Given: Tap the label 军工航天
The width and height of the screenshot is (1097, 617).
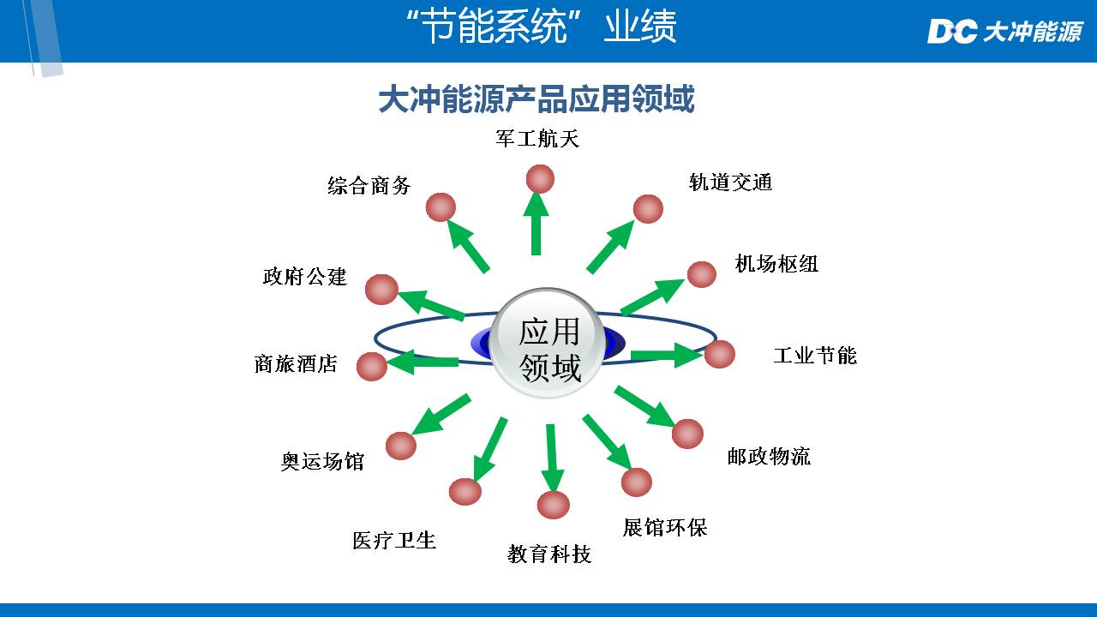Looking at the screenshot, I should pyautogui.click(x=537, y=139).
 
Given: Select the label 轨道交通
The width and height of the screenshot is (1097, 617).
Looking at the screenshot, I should pyautogui.click(x=730, y=182).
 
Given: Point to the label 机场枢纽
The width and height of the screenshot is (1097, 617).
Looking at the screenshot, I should pyautogui.click(x=776, y=264).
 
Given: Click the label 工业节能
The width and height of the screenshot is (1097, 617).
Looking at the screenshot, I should pyautogui.click(x=814, y=355).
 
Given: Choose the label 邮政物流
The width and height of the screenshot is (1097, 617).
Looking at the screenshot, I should pyautogui.click(x=769, y=456).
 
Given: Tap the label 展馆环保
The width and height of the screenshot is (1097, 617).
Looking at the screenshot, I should pyautogui.click(x=665, y=527).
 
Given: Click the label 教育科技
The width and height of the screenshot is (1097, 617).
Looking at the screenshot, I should pyautogui.click(x=549, y=554).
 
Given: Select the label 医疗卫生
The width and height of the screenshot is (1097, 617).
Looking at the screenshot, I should pyautogui.click(x=394, y=540).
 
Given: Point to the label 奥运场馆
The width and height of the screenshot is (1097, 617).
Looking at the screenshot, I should pyautogui.click(x=323, y=461).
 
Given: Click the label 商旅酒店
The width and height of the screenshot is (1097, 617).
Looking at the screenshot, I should pyautogui.click(x=296, y=364).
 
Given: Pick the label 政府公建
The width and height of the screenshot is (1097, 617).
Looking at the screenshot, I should pyautogui.click(x=304, y=277).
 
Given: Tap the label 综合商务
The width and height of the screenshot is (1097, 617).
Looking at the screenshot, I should pyautogui.click(x=369, y=185).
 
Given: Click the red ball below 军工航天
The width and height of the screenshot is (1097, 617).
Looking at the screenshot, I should pyautogui.click(x=540, y=179).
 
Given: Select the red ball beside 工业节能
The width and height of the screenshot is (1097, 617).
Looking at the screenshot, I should pyautogui.click(x=720, y=354).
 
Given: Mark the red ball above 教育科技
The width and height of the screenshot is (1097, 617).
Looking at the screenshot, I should pyautogui.click(x=553, y=505).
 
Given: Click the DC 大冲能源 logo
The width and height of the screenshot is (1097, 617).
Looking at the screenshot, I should pyautogui.click(x=1004, y=33).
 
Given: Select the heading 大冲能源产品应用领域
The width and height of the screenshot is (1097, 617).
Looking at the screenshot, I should pyautogui.click(x=537, y=99).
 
